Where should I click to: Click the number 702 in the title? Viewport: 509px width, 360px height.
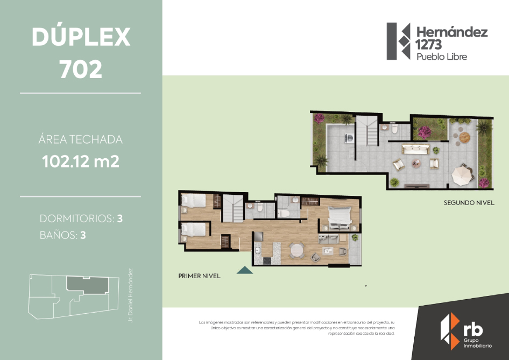tap(81, 69)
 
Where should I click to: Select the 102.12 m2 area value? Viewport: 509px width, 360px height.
tap(81, 161)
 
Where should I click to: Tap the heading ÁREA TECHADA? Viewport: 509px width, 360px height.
tap(81, 140)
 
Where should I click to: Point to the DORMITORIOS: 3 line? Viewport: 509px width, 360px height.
tap(81, 219)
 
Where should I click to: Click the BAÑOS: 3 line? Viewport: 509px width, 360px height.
tap(62, 235)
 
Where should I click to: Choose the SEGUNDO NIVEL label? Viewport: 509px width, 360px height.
tap(469, 203)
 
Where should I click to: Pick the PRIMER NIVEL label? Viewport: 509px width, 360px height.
tap(199, 276)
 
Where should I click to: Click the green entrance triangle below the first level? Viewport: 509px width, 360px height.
tap(245, 270)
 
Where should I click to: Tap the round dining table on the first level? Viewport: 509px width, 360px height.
tap(296, 250)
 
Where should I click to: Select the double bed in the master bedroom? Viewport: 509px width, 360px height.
tap(340, 215)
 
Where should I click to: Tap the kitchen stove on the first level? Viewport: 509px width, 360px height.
tap(266, 260)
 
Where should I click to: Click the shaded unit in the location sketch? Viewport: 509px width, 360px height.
tap(86, 285)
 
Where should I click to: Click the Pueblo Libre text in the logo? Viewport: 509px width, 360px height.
tap(442, 57)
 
